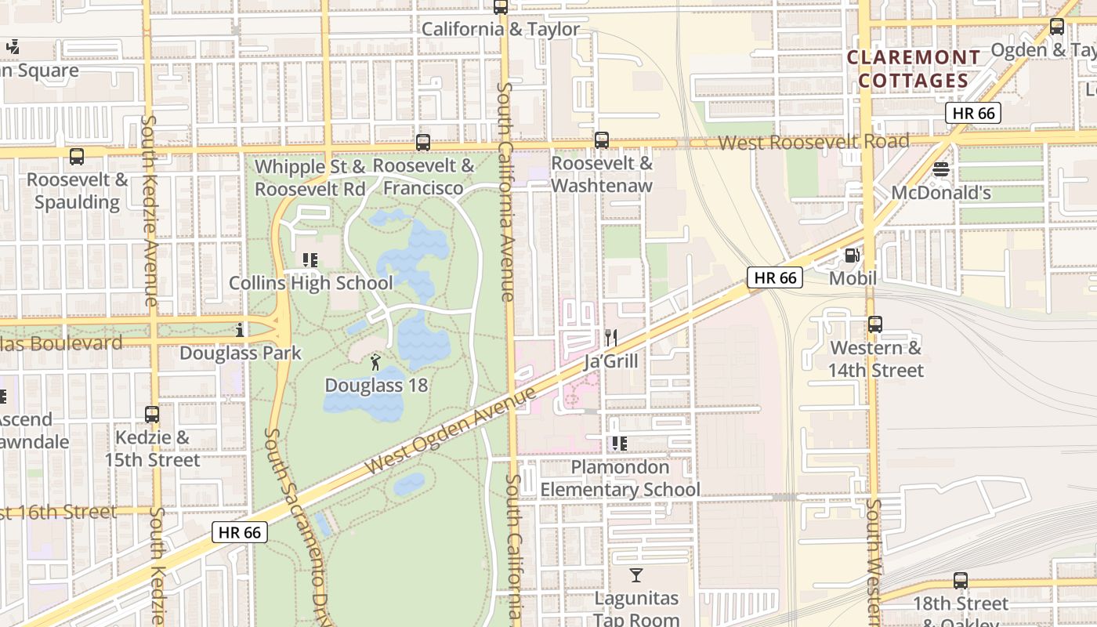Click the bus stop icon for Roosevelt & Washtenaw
point(602,140)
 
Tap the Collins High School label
point(311,283)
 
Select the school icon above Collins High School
point(310,259)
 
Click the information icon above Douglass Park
point(240,330)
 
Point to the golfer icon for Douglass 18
point(375,362)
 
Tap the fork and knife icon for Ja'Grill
point(611,338)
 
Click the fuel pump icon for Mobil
point(852,255)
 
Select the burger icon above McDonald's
point(941,169)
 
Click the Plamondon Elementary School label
point(620,478)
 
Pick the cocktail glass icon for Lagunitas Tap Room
point(636,576)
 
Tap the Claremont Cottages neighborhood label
point(914,69)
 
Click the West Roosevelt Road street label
point(813,142)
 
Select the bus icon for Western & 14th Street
point(875,324)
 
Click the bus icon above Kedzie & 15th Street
point(152,414)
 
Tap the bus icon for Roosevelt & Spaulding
point(77,156)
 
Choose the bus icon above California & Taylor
point(501,7)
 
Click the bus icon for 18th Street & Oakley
point(961,581)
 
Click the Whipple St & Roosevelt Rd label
point(310,178)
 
